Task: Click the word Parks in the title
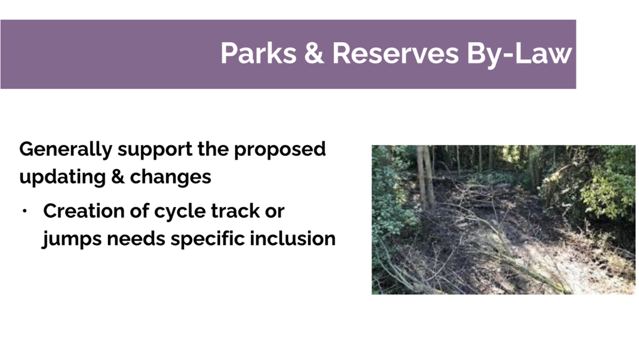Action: click(x=259, y=53)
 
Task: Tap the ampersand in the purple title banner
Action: click(x=314, y=53)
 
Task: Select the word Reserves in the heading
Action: click(x=395, y=53)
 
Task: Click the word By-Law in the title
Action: click(x=519, y=55)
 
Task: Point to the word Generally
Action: click(x=66, y=150)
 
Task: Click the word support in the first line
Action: click(x=155, y=151)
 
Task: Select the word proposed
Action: click(x=280, y=150)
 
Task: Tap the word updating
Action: click(x=63, y=177)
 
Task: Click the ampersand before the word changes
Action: click(x=118, y=176)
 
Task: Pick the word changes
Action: click(x=171, y=177)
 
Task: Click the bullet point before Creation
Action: click(x=24, y=211)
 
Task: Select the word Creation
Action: click(x=84, y=211)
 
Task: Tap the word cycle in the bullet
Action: click(x=180, y=212)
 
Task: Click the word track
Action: click(x=235, y=211)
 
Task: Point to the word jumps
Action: click(x=72, y=240)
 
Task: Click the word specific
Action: click(x=208, y=240)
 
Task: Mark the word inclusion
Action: click(x=292, y=238)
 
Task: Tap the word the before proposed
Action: click(x=213, y=150)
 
